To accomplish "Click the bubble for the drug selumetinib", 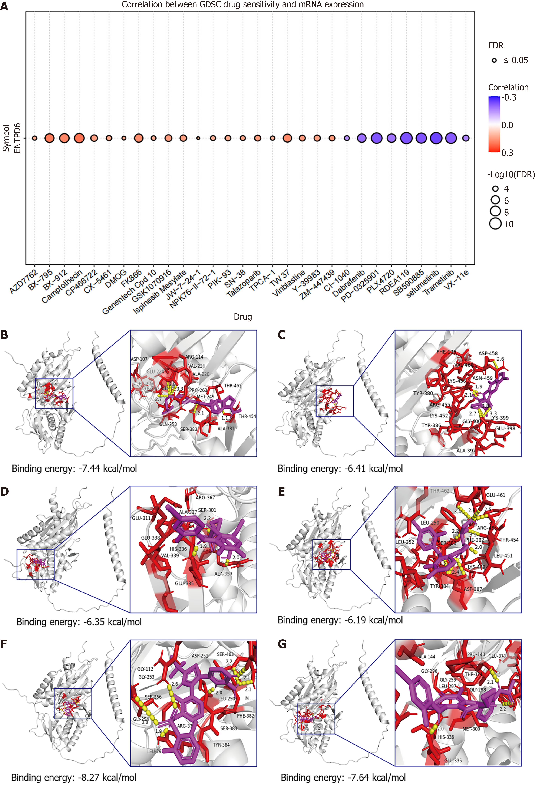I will pos(436,138).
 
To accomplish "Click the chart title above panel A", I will pos(243,5).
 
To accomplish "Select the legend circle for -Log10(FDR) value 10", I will pos(495,224).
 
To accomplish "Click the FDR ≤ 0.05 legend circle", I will pos(494,60).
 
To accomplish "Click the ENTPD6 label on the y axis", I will pos(17,138).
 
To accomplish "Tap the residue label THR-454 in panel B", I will pos(247,416).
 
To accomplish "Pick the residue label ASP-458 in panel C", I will pos(488,353).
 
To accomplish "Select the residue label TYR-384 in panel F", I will pos(221,745).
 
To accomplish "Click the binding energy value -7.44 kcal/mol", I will pos(74,468).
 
